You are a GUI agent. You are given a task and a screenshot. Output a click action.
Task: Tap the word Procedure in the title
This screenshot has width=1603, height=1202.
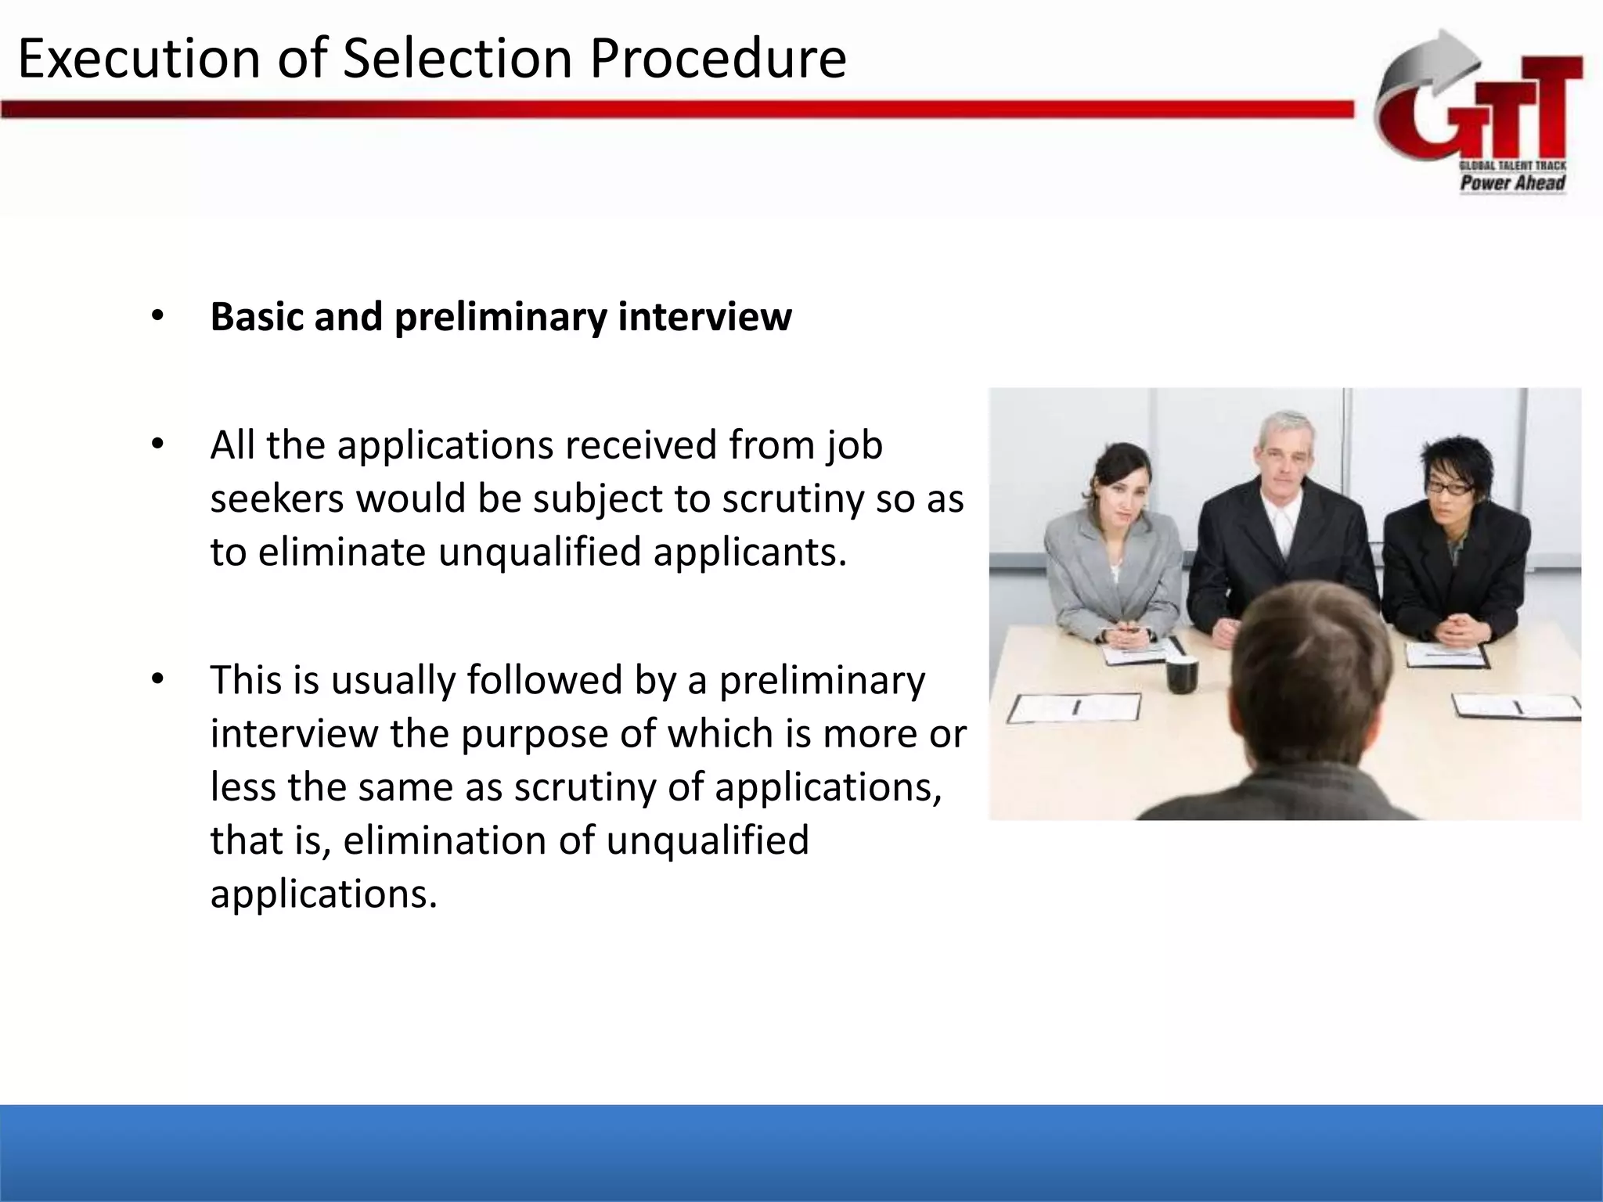coord(718,59)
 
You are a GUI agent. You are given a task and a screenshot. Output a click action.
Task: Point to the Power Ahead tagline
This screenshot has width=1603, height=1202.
coord(1512,183)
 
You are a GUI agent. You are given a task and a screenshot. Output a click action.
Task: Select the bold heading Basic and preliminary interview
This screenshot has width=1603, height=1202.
coord(501,317)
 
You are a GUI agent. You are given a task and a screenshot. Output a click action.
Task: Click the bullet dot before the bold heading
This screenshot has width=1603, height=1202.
coord(157,316)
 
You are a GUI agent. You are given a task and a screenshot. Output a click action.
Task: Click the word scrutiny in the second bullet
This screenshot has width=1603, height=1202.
coord(792,498)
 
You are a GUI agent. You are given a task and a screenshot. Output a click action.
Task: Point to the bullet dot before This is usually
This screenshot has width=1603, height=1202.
coord(157,679)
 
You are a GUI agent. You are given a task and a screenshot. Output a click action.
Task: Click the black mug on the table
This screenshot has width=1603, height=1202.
coord(1182,675)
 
